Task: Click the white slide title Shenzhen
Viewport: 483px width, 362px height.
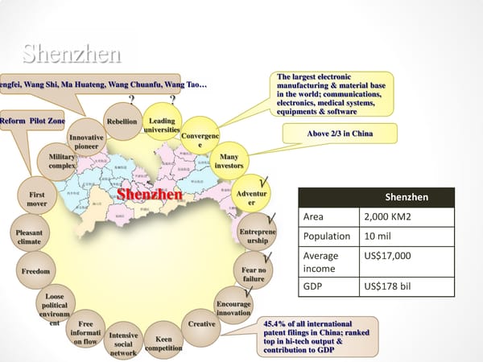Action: pyautogui.click(x=72, y=54)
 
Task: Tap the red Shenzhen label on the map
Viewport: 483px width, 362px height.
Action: pyautogui.click(x=150, y=195)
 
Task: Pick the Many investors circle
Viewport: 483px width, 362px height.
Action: pyautogui.click(x=229, y=161)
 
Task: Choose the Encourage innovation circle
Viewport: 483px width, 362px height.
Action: pyautogui.click(x=233, y=308)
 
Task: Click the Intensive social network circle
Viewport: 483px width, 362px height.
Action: pyautogui.click(x=123, y=343)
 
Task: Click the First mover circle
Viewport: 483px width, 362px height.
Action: pyautogui.click(x=36, y=199)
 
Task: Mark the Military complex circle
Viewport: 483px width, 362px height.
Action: pyautogui.click(x=62, y=160)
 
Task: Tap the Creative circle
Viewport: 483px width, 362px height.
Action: pyautogui.click(x=202, y=324)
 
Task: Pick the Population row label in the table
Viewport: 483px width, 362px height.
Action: pyautogui.click(x=328, y=237)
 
